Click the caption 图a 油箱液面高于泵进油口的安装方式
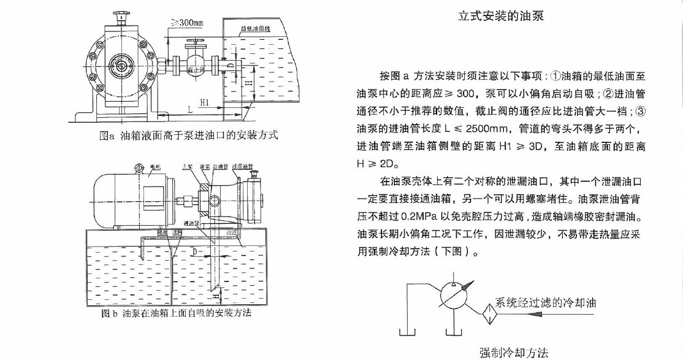pos(188,136)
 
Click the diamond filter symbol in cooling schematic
pos(488,311)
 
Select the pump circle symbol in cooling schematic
pos(454,295)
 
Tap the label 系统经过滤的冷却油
pos(545,303)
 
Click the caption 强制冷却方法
pos(514,352)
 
